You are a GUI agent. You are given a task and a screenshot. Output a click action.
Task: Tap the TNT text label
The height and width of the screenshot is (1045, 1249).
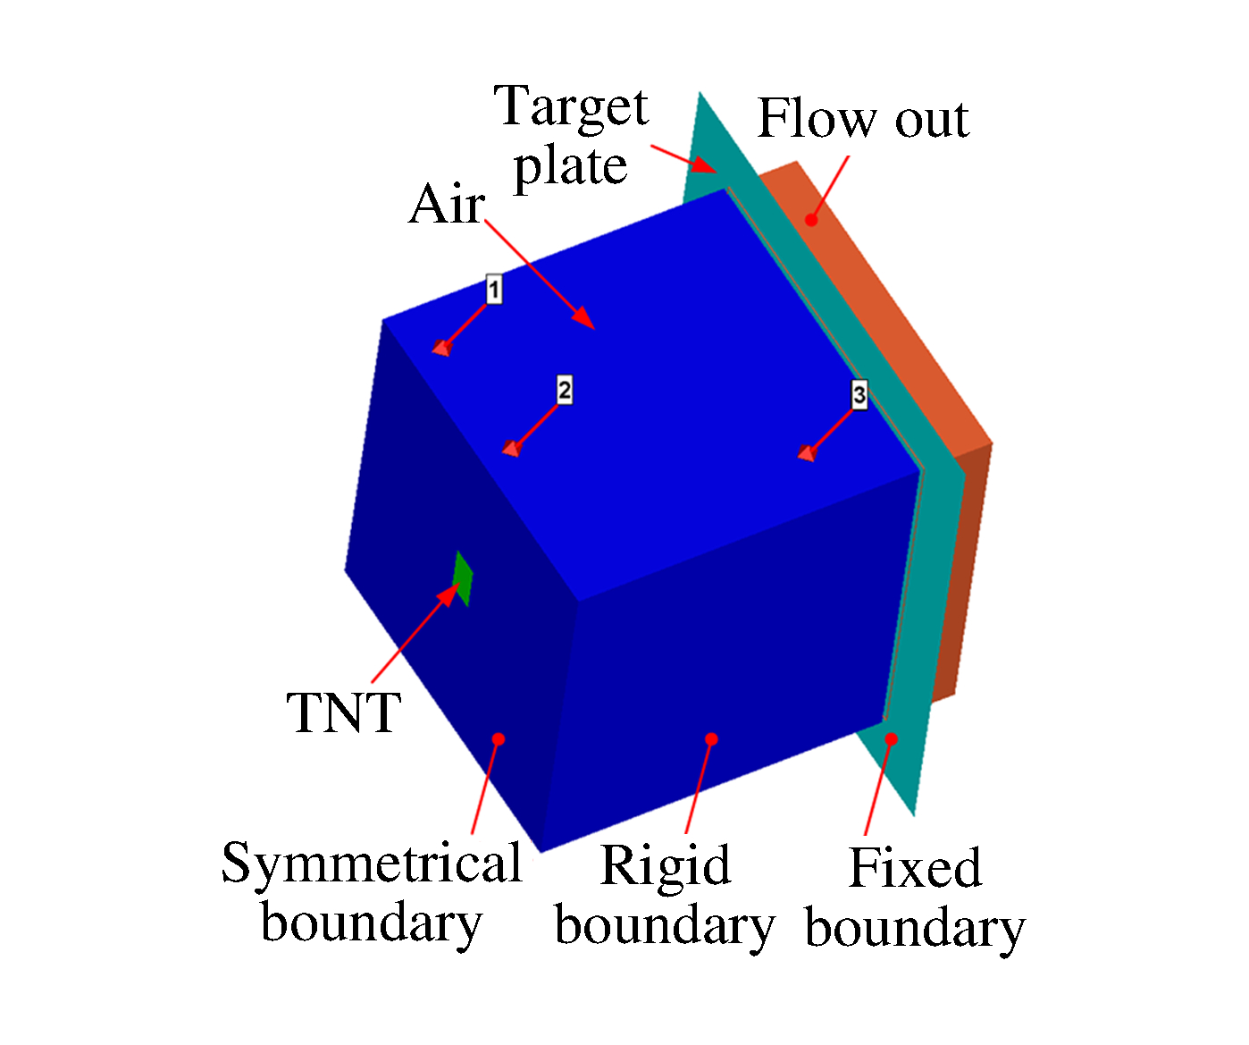coord(344,712)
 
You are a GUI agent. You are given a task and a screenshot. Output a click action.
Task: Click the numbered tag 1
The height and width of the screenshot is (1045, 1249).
coord(494,289)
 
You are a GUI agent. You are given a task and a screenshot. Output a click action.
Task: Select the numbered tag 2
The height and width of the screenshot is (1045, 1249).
coord(564,390)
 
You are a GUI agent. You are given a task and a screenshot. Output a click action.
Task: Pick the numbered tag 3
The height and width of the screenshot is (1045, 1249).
coord(859,394)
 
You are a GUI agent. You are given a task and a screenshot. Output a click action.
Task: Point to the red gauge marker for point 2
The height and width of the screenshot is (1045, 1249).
coord(511,448)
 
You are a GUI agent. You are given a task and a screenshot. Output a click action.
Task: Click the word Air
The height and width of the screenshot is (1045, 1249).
coord(447,205)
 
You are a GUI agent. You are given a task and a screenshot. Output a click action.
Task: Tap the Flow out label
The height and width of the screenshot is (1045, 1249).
coord(862,119)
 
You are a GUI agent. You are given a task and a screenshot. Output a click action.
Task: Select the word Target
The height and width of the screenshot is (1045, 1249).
coord(572,107)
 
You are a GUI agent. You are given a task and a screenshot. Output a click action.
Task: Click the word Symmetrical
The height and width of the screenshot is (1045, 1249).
coord(372,864)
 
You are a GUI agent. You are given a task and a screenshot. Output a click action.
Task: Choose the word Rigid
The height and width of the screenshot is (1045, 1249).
coord(665,865)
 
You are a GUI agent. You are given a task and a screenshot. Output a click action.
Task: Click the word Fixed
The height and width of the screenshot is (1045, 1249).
coord(914,867)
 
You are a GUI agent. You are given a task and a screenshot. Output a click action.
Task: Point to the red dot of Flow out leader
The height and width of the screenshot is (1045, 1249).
coord(811,219)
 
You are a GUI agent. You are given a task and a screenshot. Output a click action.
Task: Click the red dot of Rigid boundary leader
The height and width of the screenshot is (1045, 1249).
coord(711,738)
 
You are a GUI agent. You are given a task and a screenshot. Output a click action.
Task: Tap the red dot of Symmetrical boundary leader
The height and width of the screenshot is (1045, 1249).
coord(499,738)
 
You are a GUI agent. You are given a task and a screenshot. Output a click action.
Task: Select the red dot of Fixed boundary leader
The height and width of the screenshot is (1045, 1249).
coord(891,738)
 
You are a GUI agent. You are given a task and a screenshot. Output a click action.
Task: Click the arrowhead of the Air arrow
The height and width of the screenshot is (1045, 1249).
coord(586,320)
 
